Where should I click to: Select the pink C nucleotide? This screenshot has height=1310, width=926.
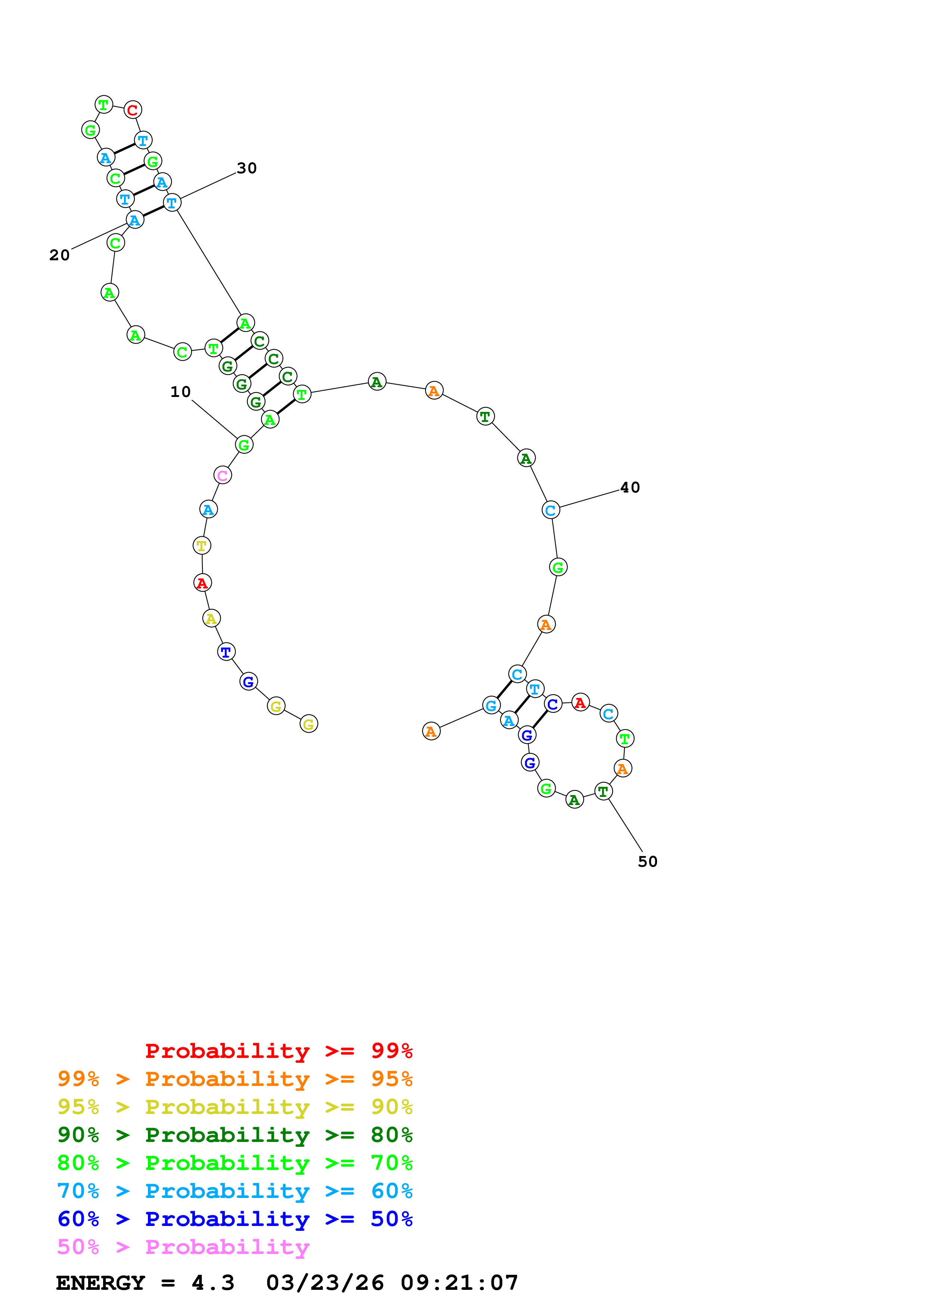(x=223, y=475)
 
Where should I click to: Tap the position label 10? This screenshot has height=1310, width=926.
(x=180, y=392)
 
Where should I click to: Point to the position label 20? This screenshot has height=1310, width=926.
(x=59, y=255)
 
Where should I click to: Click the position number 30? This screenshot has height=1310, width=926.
(x=247, y=168)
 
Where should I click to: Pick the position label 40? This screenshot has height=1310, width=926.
(x=630, y=488)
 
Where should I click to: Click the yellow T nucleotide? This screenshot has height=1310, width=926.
(x=201, y=546)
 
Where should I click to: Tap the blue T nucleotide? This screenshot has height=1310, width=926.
(x=226, y=652)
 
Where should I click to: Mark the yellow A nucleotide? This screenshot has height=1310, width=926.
(x=211, y=618)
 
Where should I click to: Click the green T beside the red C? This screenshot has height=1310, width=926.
(x=103, y=105)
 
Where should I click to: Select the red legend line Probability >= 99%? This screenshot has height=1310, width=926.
(x=278, y=1051)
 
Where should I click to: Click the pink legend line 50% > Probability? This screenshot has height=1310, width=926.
(x=183, y=1247)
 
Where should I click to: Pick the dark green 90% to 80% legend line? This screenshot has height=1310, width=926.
(x=235, y=1135)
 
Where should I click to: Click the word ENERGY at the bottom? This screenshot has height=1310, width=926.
(x=100, y=1283)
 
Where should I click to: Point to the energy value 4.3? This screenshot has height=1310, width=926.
(x=213, y=1283)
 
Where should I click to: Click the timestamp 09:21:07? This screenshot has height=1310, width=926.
(x=459, y=1283)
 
